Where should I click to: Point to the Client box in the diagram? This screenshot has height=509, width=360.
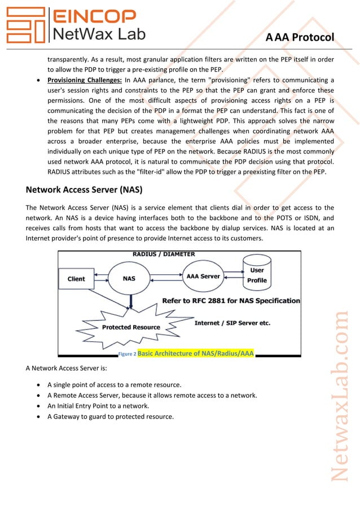click(x=76, y=279)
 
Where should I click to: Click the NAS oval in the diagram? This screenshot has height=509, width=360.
click(x=129, y=279)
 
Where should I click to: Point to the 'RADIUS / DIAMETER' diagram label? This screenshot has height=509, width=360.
click(x=161, y=254)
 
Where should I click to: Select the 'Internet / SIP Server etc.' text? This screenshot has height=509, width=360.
click(x=232, y=323)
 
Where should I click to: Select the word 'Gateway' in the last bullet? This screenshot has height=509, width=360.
click(x=64, y=416)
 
